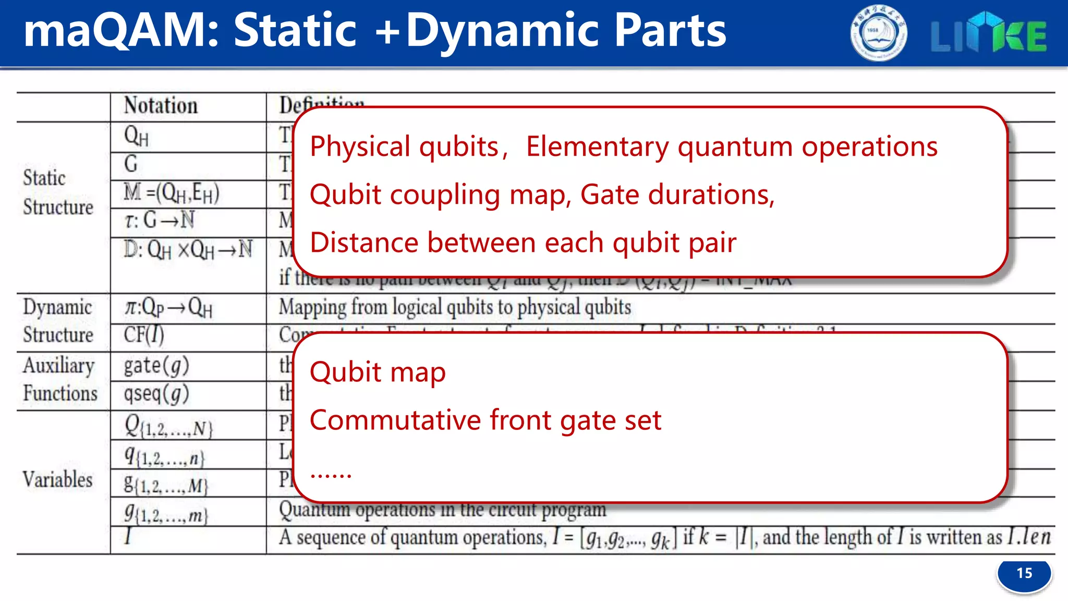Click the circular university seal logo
coord(878,33)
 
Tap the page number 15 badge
coord(1024,574)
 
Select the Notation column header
coord(161,106)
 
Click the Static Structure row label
coord(57,193)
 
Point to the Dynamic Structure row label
coord(57,321)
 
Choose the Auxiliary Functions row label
coord(59,379)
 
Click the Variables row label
coord(57,479)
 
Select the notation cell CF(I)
coord(144,335)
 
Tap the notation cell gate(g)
coord(156,366)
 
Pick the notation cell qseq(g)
coord(156,394)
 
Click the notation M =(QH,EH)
coord(171,193)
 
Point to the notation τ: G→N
coord(160,220)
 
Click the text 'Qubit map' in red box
coord(378,372)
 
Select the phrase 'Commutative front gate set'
coord(485,420)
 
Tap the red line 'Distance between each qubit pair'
coord(523,243)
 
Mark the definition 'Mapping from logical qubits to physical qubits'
coord(454,307)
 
